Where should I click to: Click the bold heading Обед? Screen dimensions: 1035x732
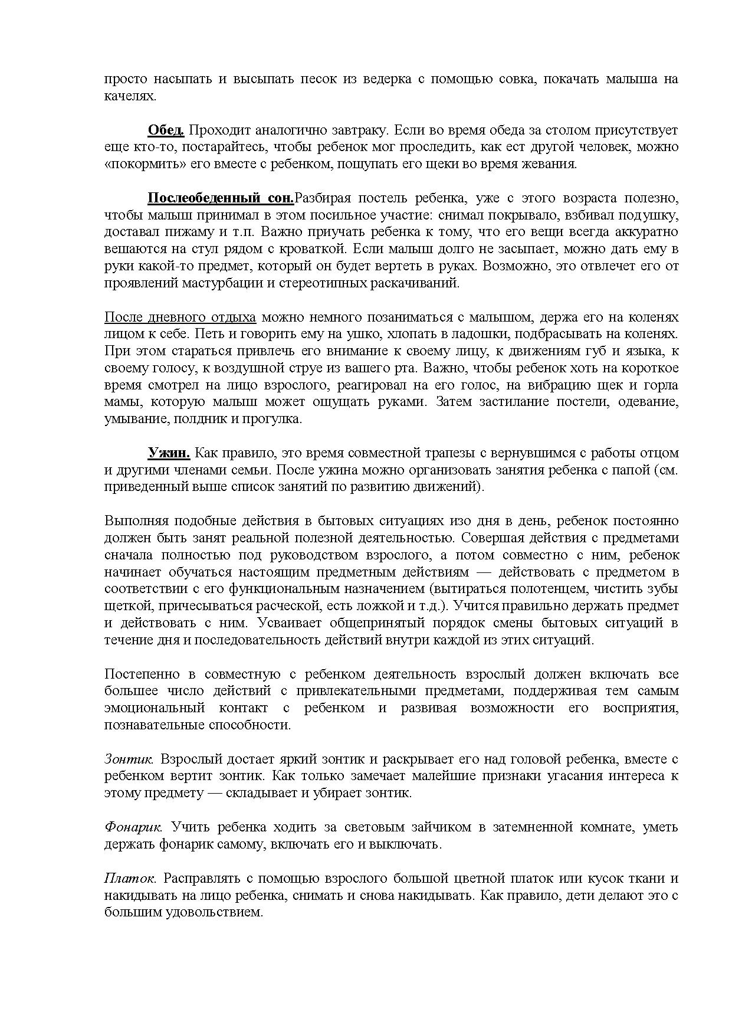coord(166,130)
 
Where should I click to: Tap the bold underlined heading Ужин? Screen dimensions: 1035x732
coord(168,453)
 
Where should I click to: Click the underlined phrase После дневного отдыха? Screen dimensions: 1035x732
coord(180,317)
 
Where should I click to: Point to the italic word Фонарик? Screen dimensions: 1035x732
coord(133,827)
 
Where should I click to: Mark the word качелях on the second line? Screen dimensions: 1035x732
coord(130,96)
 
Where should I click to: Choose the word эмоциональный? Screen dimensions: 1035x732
coord(155,708)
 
